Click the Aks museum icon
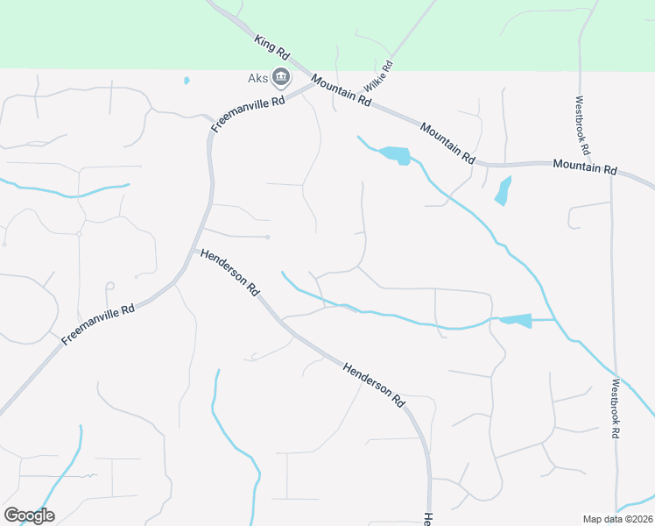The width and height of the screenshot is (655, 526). pyautogui.click(x=281, y=78)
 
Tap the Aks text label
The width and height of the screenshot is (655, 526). pyautogui.click(x=257, y=79)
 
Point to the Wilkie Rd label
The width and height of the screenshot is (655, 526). pyautogui.click(x=377, y=77)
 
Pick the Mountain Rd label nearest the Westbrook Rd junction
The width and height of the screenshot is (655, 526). pyautogui.click(x=585, y=167)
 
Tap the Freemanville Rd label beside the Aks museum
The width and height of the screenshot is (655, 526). pyautogui.click(x=250, y=115)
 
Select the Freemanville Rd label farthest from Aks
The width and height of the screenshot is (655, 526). pyautogui.click(x=98, y=323)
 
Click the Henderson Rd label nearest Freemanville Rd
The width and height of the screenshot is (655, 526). pyautogui.click(x=230, y=271)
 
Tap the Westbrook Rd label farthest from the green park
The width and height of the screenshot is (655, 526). pyautogui.click(x=616, y=408)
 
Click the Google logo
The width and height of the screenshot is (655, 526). pyautogui.click(x=29, y=515)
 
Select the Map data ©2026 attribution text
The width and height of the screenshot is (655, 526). pyautogui.click(x=617, y=519)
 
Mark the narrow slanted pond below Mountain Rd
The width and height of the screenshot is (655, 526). pyautogui.click(x=503, y=190)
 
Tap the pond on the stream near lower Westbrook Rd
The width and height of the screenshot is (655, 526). pyautogui.click(x=516, y=320)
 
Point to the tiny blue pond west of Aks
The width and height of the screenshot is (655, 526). pyautogui.click(x=187, y=81)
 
